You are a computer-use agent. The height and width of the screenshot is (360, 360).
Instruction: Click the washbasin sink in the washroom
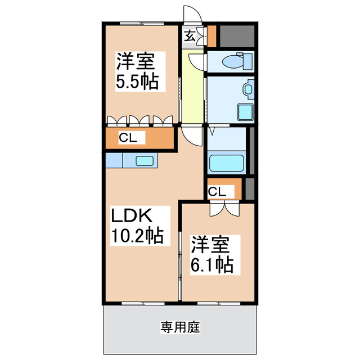(x=247, y=89)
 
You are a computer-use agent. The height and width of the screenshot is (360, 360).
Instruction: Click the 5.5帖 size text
(x=137, y=82)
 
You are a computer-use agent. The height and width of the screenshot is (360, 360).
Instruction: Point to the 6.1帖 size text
(x=212, y=264)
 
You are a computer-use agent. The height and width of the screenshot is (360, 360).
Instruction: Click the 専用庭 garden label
(x=180, y=327)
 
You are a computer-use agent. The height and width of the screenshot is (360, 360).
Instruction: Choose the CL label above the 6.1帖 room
(x=217, y=192)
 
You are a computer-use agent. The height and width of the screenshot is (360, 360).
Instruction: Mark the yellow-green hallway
(x=192, y=90)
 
